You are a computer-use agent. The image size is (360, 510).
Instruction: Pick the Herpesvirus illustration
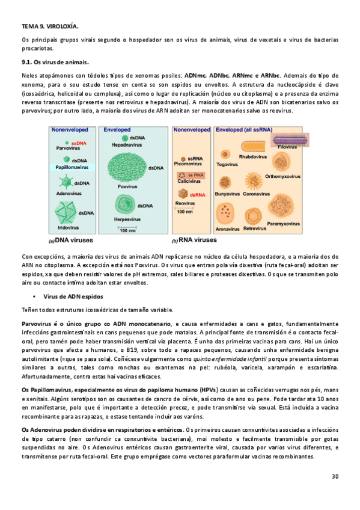click(x=126, y=209)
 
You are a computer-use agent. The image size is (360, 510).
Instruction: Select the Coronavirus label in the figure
click(x=256, y=194)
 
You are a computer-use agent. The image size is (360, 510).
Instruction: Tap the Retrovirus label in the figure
click(x=254, y=229)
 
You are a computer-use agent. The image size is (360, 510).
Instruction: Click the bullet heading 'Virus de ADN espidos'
click(x=73, y=296)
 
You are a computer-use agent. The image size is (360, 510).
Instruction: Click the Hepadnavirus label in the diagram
click(x=126, y=146)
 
